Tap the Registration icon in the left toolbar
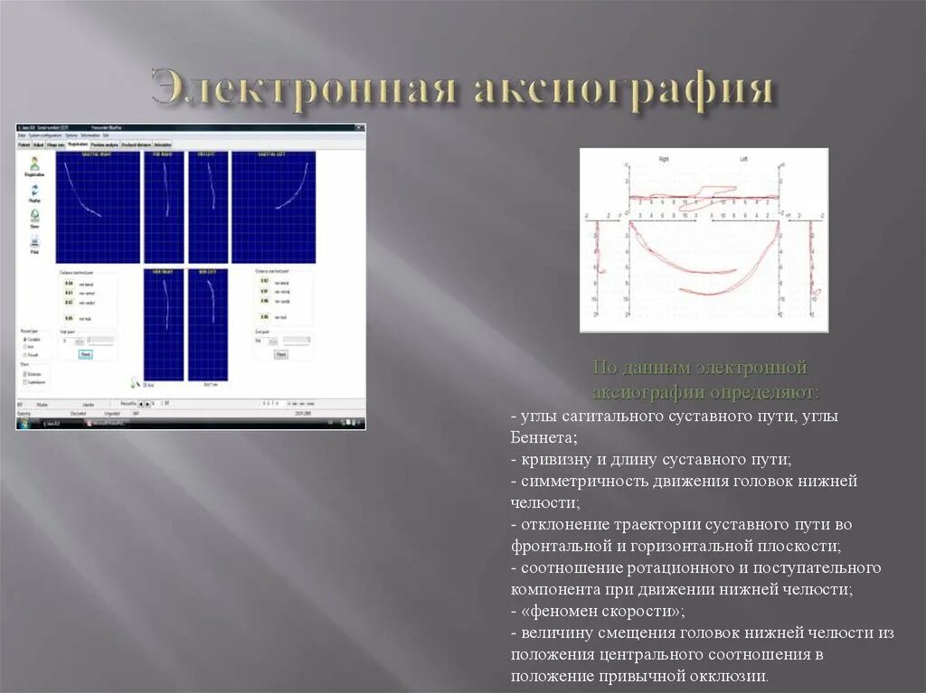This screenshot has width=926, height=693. [x=34, y=165]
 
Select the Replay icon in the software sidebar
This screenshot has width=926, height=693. [x=34, y=192]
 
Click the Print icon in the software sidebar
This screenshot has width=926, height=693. [x=34, y=244]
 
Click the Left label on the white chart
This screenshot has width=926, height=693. [x=743, y=159]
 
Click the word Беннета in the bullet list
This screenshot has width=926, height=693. [x=543, y=437]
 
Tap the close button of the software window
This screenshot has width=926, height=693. [x=361, y=129]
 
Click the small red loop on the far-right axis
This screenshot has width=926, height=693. [x=815, y=292]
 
